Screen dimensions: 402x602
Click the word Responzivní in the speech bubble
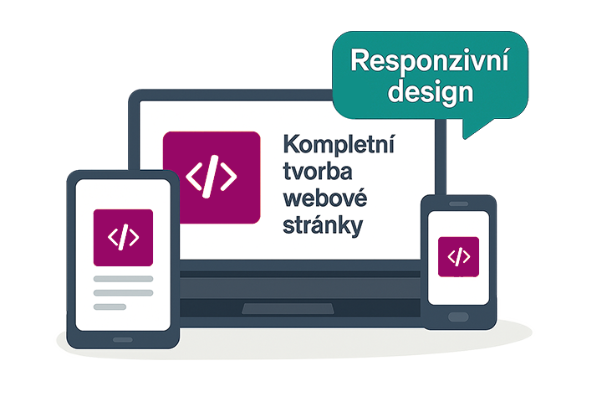click(x=430, y=61)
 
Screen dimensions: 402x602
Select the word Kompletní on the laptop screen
click(x=339, y=144)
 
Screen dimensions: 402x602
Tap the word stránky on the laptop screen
click(x=324, y=227)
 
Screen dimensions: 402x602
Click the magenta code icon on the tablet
click(x=124, y=238)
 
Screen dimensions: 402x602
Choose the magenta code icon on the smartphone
click(x=458, y=256)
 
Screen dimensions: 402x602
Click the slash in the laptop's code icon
click(x=212, y=176)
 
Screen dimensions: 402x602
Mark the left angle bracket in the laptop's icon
click(x=194, y=176)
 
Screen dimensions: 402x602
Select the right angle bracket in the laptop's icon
click(x=228, y=176)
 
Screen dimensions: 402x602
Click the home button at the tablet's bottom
click(x=123, y=339)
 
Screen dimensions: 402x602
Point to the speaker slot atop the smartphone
click(x=458, y=204)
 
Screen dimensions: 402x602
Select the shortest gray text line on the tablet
click(x=110, y=307)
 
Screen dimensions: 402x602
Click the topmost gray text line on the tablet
click(x=123, y=278)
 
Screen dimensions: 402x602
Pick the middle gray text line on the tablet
click(x=123, y=292)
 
